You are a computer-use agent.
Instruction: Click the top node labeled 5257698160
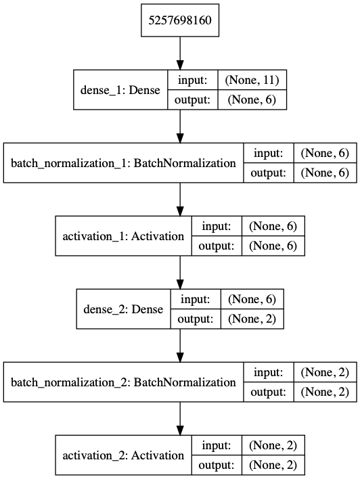[180, 20]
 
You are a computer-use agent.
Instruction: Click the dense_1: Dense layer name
[120, 90]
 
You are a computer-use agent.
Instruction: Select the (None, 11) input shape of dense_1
[252, 80]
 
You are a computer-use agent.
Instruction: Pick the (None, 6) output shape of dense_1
[252, 100]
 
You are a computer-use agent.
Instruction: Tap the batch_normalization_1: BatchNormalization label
[123, 163]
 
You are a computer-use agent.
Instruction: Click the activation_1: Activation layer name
[123, 236]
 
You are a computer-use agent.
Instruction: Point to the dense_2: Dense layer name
[123, 309]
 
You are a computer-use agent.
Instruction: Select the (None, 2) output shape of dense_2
[252, 319]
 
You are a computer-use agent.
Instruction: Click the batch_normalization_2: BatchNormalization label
[123, 382]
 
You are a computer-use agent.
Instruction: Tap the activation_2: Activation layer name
[123, 455]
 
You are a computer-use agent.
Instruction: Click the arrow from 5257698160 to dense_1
[180, 53]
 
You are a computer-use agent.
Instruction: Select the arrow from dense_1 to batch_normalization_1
[180, 126]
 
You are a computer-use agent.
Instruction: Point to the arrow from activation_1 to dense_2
[180, 273]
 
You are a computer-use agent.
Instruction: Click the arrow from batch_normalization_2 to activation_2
[180, 419]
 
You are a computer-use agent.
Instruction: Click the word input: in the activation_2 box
[217, 446]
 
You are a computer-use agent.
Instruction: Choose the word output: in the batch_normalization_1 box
[269, 173]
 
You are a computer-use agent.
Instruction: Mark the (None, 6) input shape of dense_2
[252, 299]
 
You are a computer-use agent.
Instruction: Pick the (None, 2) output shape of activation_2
[273, 465]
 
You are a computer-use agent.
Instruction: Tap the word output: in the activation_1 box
[217, 246]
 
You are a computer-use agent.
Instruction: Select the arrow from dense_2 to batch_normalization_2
[180, 346]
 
